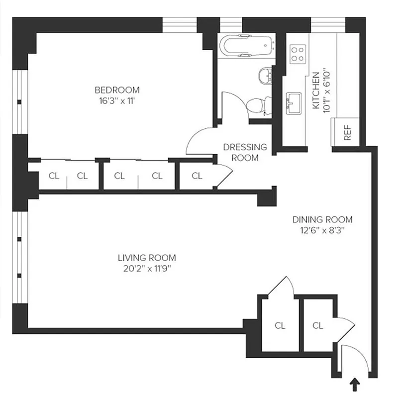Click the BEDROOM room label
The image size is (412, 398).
(117, 90)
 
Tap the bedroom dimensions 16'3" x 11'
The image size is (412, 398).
(117, 100)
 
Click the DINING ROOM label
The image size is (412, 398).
(322, 219)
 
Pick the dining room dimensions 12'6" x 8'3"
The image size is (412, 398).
(322, 230)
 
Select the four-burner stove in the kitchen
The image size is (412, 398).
(298, 54)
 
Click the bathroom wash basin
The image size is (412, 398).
(265, 76)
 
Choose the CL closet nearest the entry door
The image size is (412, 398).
(317, 325)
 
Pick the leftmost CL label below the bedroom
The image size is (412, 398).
(53, 176)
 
